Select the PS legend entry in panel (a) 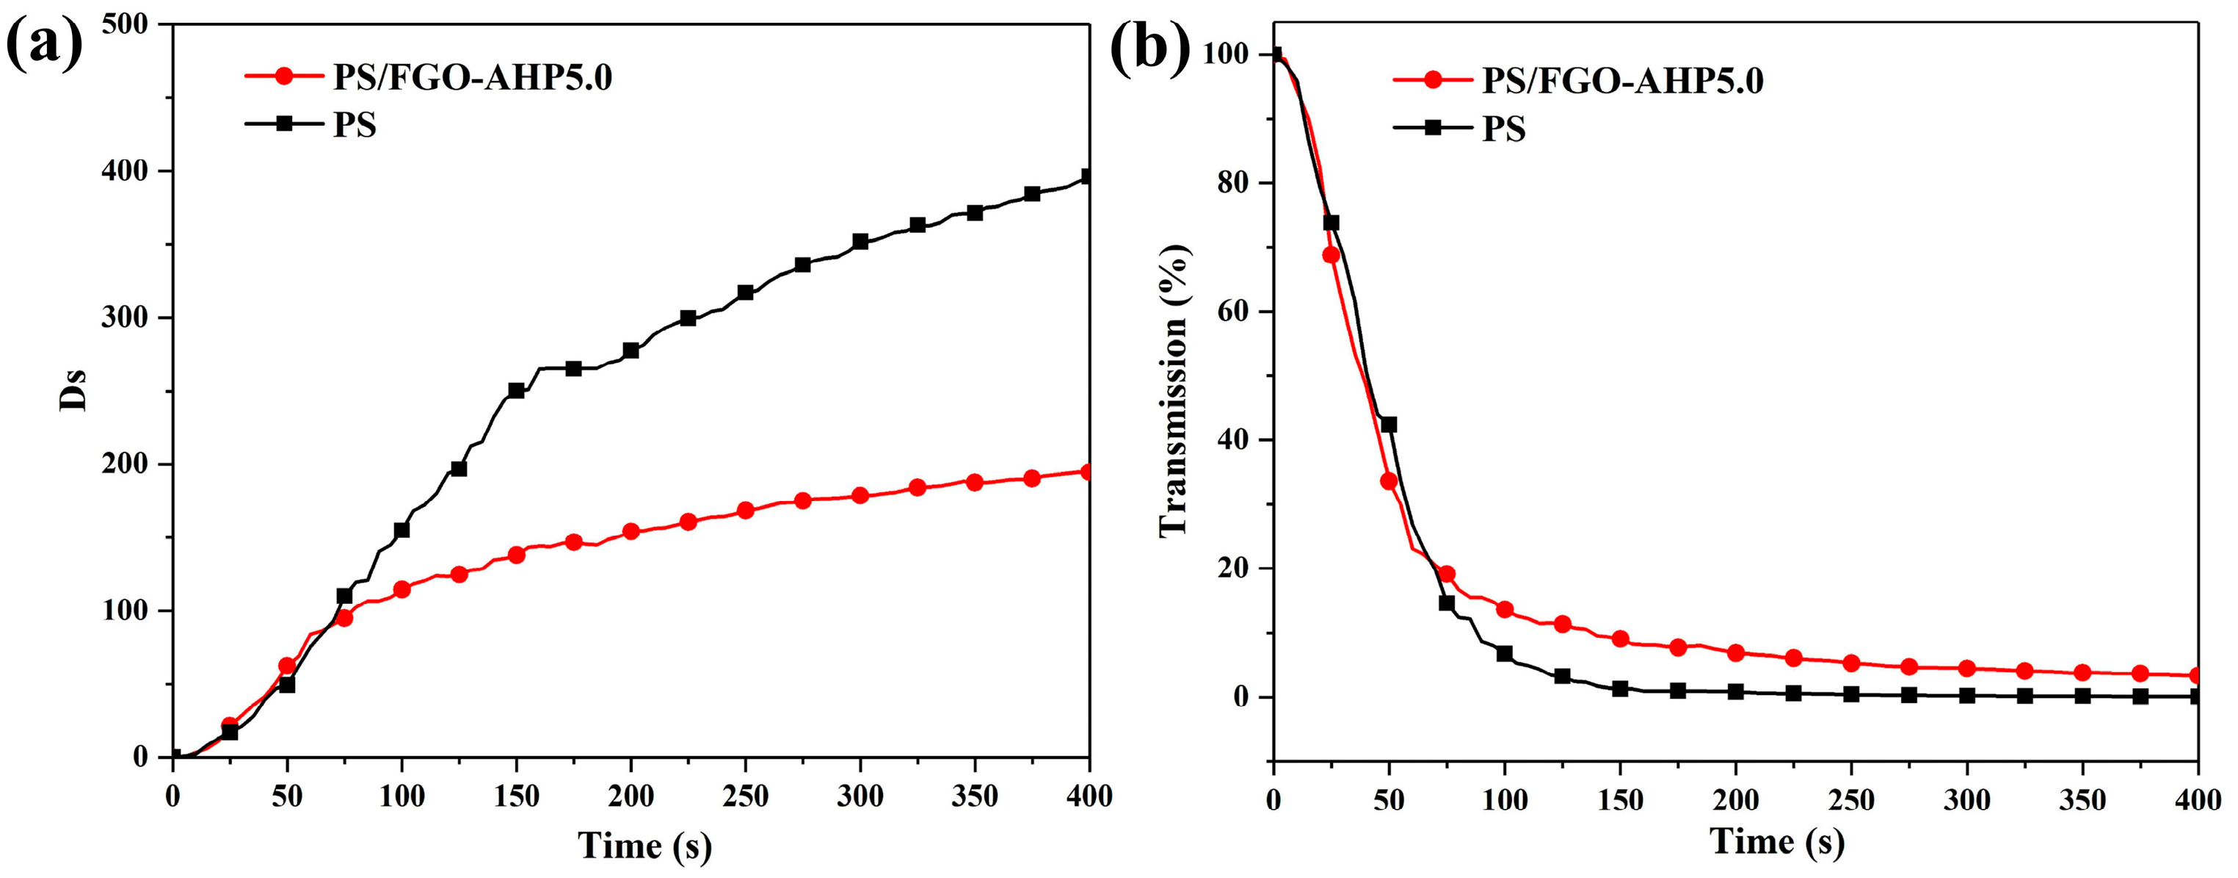coord(355,125)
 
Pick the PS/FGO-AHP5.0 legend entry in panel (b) coord(1622,80)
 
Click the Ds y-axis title coord(73,390)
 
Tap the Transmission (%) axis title coord(1174,390)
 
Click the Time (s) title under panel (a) coord(644,845)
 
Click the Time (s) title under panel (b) coord(1776,841)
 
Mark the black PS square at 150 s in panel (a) coord(516,390)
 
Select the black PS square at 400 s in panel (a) coord(1086,176)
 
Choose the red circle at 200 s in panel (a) coord(631,531)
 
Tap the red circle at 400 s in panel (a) coord(1086,472)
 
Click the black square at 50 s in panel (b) coord(1388,424)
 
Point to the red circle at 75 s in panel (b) coord(1447,574)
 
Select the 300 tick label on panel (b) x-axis coord(1966,800)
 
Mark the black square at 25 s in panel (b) coord(1331,223)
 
